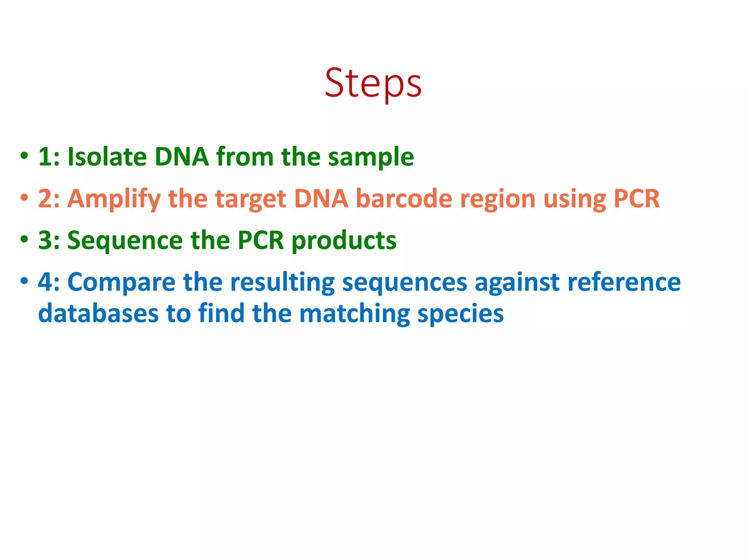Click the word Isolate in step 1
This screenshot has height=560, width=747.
click(x=107, y=157)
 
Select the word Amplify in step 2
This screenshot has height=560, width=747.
click(x=114, y=199)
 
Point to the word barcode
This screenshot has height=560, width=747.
click(x=404, y=199)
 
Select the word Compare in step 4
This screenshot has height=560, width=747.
click(x=121, y=283)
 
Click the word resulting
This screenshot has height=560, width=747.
click(x=282, y=283)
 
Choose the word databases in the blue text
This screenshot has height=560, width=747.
click(x=98, y=314)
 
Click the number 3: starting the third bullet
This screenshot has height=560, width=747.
click(x=49, y=241)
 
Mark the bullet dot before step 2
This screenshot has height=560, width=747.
click(x=24, y=198)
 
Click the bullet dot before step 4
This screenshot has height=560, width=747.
click(x=24, y=281)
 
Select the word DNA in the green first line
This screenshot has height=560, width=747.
click(x=181, y=157)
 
